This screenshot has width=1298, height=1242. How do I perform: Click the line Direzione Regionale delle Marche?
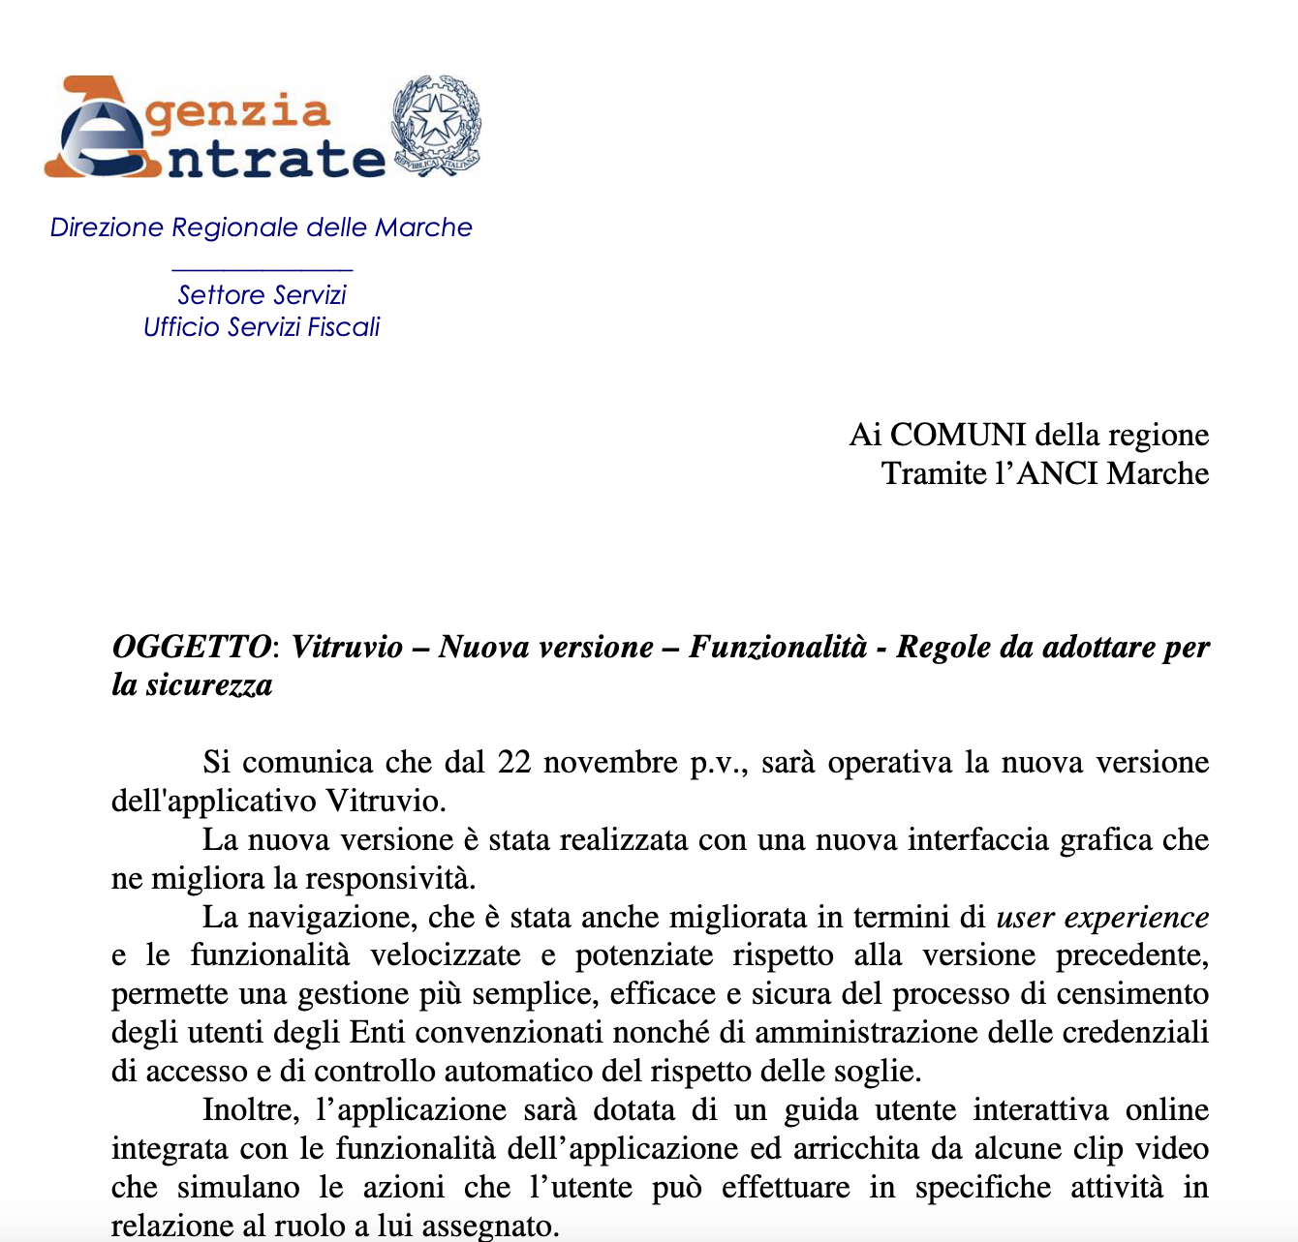coord(261,227)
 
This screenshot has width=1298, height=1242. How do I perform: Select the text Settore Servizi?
coord(262,294)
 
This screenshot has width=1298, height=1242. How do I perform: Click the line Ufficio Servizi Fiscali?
coord(262,327)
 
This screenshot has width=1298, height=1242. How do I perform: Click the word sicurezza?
coord(209,685)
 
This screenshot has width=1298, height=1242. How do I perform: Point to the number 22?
coord(514,763)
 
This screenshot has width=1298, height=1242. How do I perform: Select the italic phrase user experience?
coord(1102,918)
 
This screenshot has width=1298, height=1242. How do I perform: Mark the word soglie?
coord(877,1072)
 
